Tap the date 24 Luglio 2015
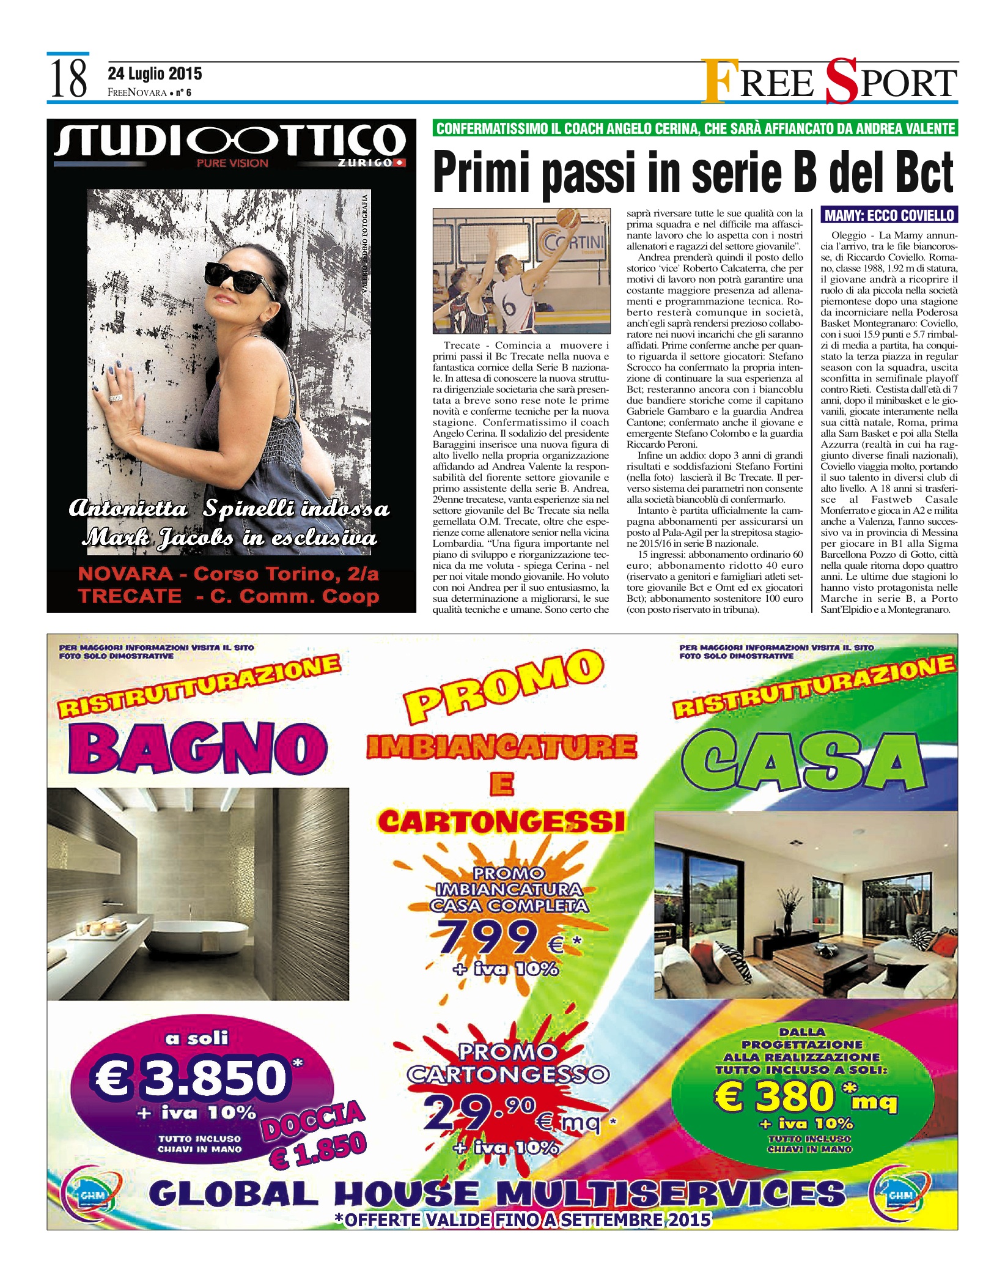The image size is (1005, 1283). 155,75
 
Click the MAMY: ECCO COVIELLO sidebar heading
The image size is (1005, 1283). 889,215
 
